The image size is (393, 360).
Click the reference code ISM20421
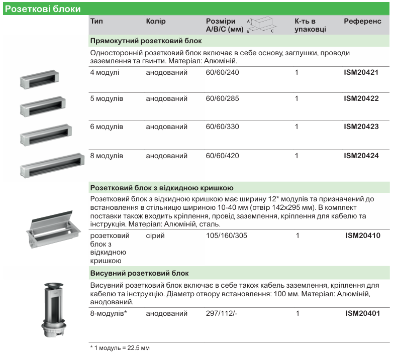(361, 72)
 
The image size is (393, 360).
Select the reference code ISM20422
(361, 99)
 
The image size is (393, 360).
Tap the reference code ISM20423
(361, 127)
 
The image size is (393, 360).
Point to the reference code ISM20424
(361, 156)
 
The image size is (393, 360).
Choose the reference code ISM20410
(362, 235)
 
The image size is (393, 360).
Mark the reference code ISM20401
(362, 314)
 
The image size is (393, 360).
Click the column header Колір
(155, 22)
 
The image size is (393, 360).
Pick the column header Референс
(362, 22)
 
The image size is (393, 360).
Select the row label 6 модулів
(107, 127)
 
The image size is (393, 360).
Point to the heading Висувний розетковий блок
(139, 273)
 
